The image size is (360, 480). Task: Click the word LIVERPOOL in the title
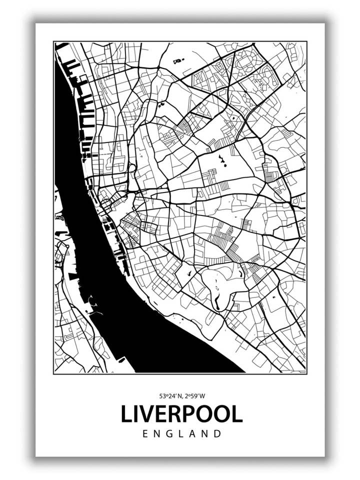coord(181,413)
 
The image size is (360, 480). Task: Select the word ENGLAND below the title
coord(181,434)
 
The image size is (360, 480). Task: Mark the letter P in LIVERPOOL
coord(190,413)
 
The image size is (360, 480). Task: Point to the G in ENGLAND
coord(171,434)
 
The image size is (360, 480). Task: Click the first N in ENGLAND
coord(158,434)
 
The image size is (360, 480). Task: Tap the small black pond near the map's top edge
coord(177,61)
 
